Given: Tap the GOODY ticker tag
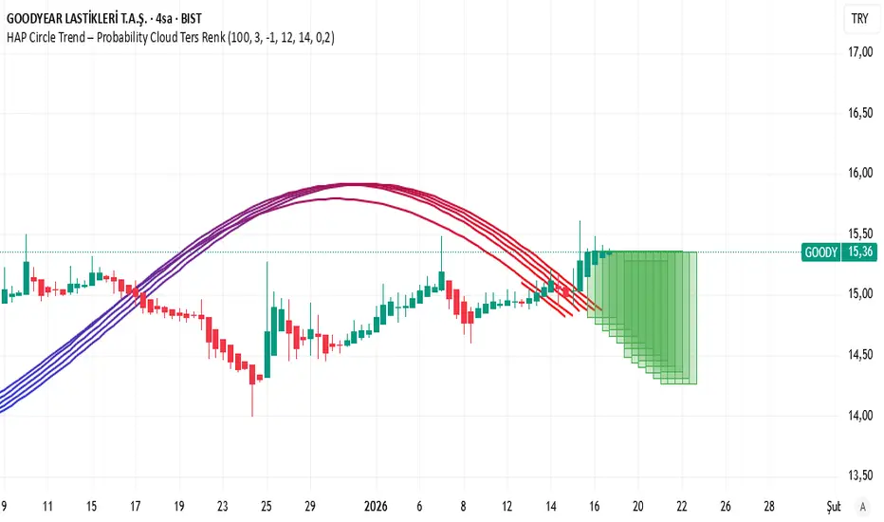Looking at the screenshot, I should pyautogui.click(x=820, y=252).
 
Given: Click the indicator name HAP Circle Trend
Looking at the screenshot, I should pyautogui.click(x=59, y=38).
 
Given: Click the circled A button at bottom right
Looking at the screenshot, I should pyautogui.click(x=861, y=507).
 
